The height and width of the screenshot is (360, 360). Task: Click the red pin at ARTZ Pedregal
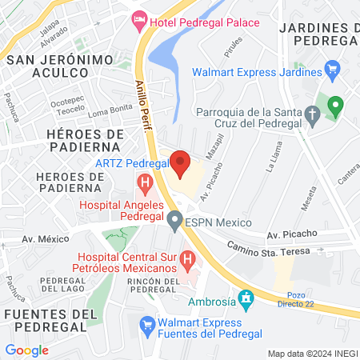pyautogui.click(x=181, y=161)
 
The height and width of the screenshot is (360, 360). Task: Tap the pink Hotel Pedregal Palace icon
pyautogui.click(x=141, y=18)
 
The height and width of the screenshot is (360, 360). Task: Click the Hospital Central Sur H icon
pyautogui.click(x=188, y=259)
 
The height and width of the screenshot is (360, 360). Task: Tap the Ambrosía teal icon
pyautogui.click(x=246, y=298)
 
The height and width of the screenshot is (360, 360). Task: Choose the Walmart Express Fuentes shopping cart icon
pyautogui.click(x=146, y=324)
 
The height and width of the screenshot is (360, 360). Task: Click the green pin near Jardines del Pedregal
pyautogui.click(x=337, y=104)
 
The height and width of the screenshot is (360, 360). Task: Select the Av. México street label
pyautogui.click(x=46, y=239)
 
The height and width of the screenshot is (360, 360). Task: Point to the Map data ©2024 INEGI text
pyautogui.click(x=311, y=353)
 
